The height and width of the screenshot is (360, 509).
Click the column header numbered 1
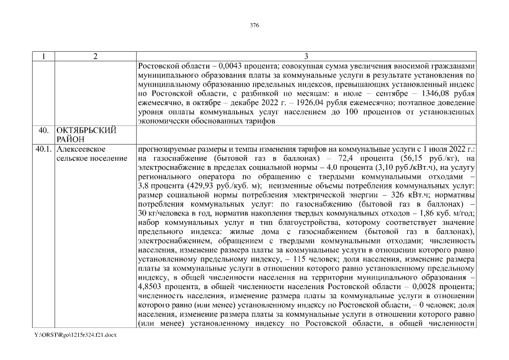[43, 56]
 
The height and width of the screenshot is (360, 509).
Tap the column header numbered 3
[305, 56]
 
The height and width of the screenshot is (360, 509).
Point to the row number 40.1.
[43, 150]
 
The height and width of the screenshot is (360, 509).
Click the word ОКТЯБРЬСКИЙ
[87, 130]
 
